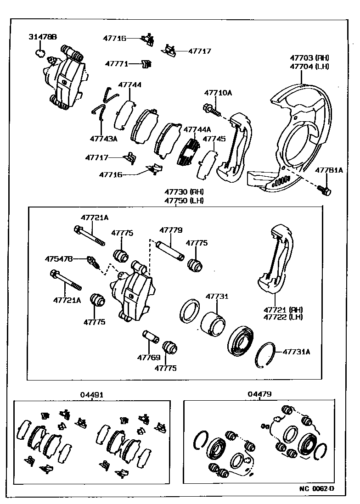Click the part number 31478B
pyautogui.click(x=43, y=37)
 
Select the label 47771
pyautogui.click(x=116, y=64)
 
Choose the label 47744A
pyautogui.click(x=197, y=129)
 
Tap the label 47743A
pyautogui.click(x=103, y=138)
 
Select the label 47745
pyautogui.click(x=214, y=138)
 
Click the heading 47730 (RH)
pyautogui.click(x=184, y=192)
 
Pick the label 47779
pyautogui.click(x=171, y=230)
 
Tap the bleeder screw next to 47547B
pyautogui.click(x=92, y=263)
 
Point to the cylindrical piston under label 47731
pyautogui.click(x=213, y=323)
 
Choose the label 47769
pyautogui.click(x=148, y=357)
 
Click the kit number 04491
pyautogui.click(x=92, y=394)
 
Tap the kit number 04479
pyautogui.click(x=259, y=394)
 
